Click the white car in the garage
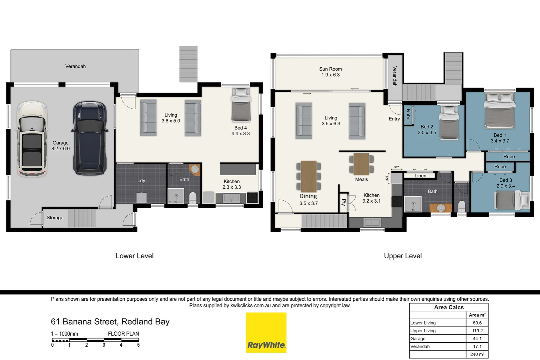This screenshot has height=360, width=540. (32, 139)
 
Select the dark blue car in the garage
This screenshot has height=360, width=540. (90, 138)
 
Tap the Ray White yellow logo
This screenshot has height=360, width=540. (266, 332)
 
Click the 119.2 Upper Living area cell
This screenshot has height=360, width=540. (477, 331)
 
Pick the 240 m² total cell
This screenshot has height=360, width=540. (477, 354)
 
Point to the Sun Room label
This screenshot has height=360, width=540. (330, 72)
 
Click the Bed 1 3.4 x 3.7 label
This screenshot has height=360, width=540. (500, 138)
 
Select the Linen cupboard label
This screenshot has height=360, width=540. (420, 176)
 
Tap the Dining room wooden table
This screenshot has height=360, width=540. (309, 176)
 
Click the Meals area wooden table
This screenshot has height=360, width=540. (361, 164)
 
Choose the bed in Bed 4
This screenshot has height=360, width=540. (241, 105)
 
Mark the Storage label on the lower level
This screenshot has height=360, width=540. (55, 218)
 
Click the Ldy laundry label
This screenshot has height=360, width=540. (141, 180)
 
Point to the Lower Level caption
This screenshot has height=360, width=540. (134, 256)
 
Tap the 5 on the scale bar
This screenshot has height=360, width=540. (138, 345)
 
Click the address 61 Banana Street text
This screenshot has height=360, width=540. (110, 322)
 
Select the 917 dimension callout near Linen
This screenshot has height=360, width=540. (396, 167)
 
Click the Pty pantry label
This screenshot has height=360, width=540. (343, 202)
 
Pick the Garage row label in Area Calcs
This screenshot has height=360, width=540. (418, 339)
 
